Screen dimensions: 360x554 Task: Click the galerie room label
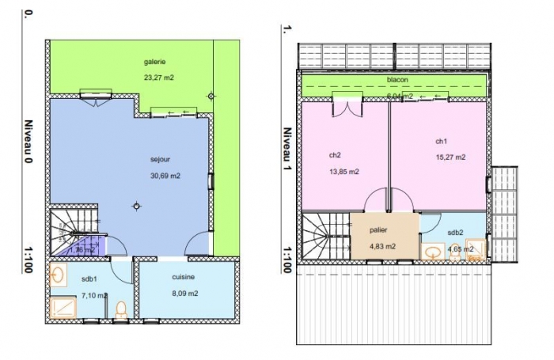coord(155,62)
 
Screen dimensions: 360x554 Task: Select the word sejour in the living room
coord(160,157)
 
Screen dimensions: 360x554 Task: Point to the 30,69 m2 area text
coord(165,176)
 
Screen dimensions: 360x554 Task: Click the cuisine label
coord(184,277)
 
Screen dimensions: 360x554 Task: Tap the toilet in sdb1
coord(121,309)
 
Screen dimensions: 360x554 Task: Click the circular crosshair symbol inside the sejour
coord(137,207)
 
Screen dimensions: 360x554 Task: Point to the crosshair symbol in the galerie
coord(211,97)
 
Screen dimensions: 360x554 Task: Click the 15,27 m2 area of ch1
coord(450,157)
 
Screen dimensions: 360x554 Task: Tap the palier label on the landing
coord(378,230)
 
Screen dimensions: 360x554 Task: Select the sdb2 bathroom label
coord(455,233)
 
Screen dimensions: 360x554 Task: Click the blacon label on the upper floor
coord(397,81)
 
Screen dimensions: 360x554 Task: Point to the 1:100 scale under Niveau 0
coord(28,258)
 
